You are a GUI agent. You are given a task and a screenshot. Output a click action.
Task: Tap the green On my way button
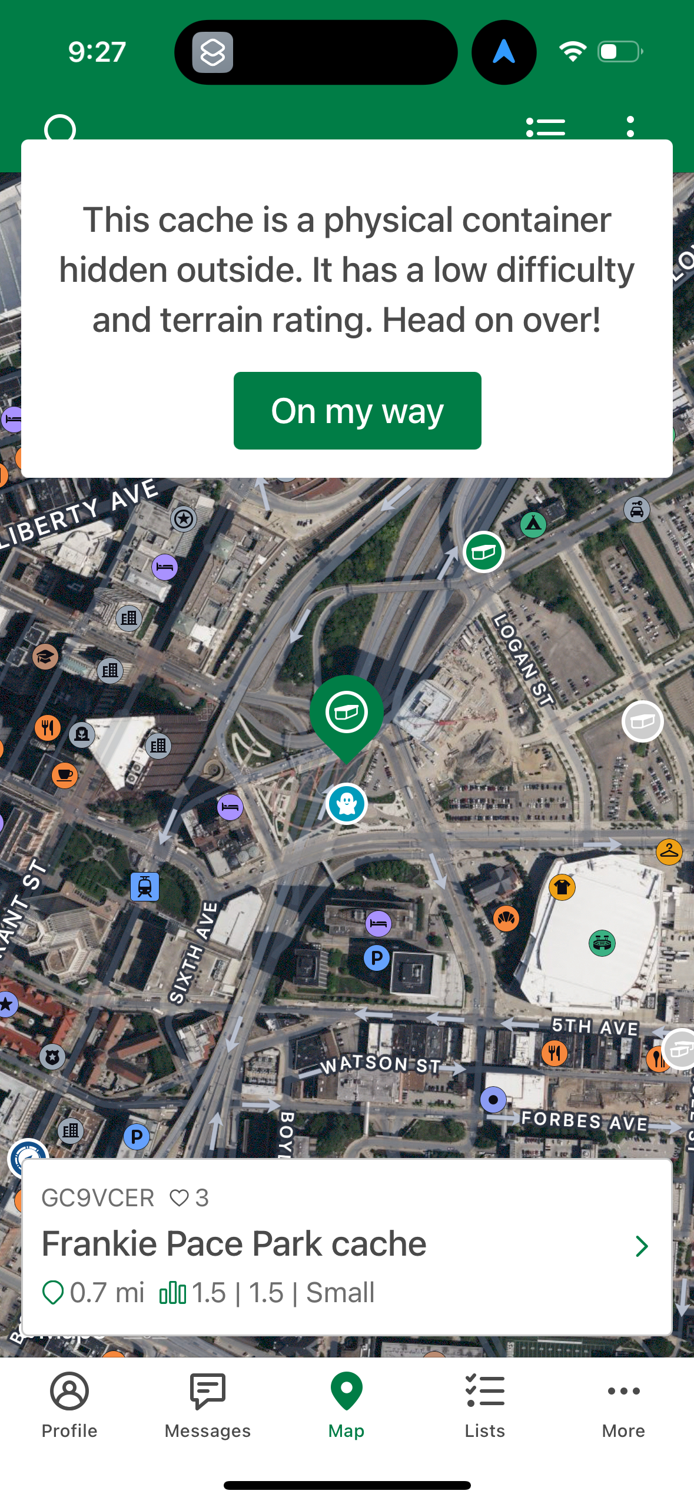pyautogui.click(x=357, y=411)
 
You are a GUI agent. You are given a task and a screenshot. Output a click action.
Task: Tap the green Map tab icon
pyautogui.click(x=347, y=1392)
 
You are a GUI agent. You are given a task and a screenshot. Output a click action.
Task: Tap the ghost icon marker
pyautogui.click(x=347, y=804)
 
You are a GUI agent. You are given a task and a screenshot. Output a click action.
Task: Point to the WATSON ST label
pyautogui.click(x=380, y=1064)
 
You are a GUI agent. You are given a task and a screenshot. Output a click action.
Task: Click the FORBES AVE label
pyautogui.click(x=585, y=1122)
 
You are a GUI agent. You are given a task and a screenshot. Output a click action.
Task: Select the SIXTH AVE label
pyautogui.click(x=193, y=952)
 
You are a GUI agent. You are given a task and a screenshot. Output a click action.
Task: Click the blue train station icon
pyautogui.click(x=145, y=887)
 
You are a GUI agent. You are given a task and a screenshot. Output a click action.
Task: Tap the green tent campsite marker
pyautogui.click(x=533, y=524)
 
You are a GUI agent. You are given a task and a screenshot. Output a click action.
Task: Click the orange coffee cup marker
pyautogui.click(x=65, y=775)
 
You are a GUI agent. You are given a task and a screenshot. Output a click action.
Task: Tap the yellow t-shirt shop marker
pyautogui.click(x=562, y=887)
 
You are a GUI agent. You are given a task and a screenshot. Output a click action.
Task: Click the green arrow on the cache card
pyautogui.click(x=642, y=1246)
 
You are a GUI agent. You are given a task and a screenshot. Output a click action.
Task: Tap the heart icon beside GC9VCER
pyautogui.click(x=179, y=1197)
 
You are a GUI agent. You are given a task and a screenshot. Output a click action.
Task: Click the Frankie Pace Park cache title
pyautogui.click(x=234, y=1244)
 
